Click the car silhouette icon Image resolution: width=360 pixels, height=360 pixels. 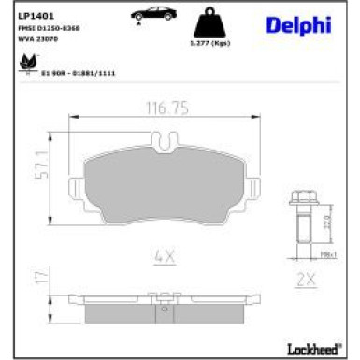pyautogui.click(x=151, y=14)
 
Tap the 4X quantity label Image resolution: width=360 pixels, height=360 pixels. pyautogui.click(x=164, y=254)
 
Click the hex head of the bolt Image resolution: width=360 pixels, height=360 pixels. pyautogui.click(x=304, y=199)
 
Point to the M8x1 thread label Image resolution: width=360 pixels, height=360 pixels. pyautogui.click(x=328, y=253)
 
